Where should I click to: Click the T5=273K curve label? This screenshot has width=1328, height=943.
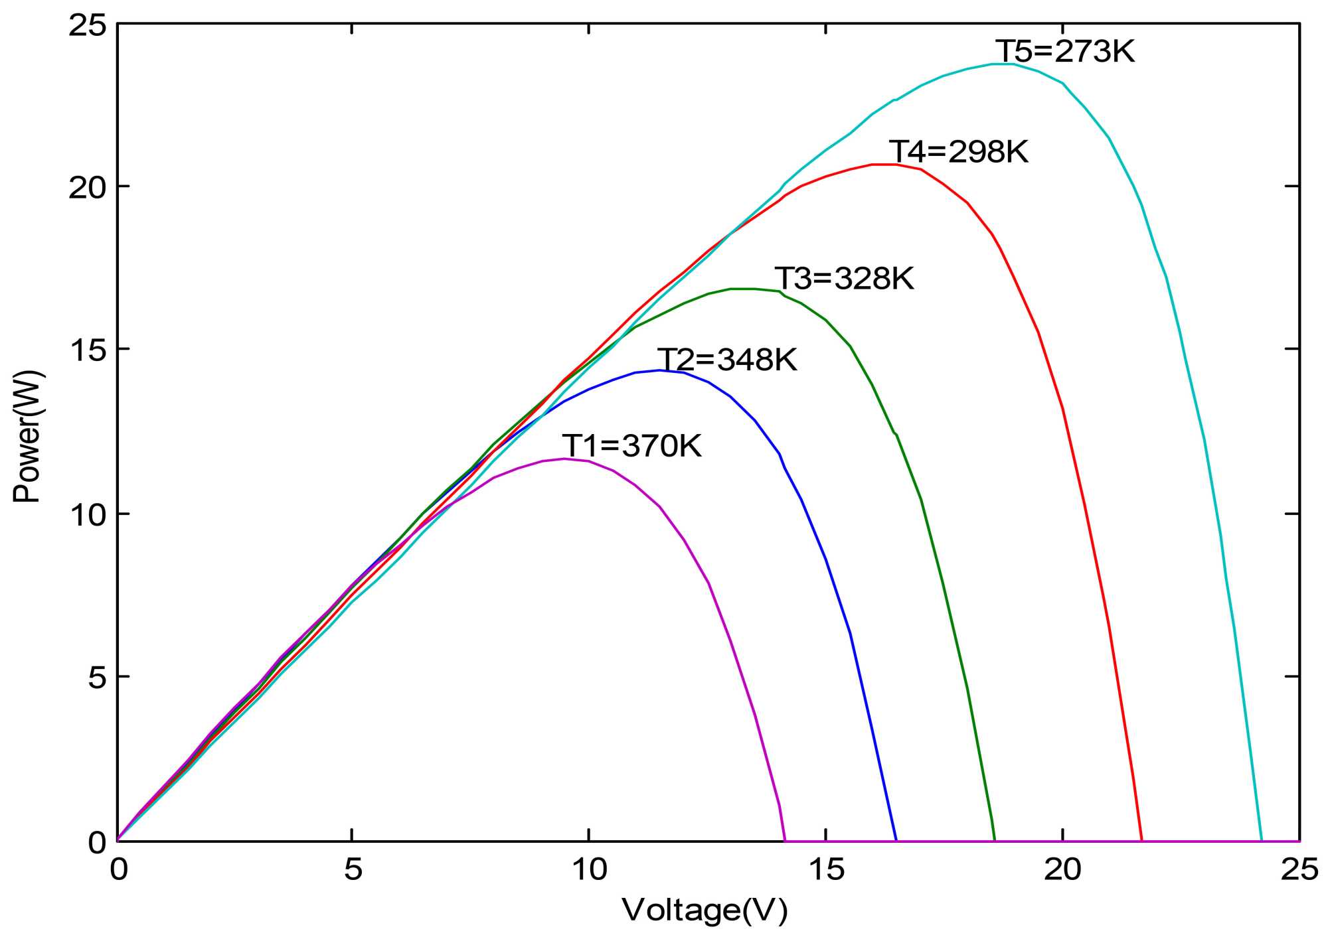coord(1065,52)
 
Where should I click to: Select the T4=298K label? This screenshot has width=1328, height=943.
coord(958,152)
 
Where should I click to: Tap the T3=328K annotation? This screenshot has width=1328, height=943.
coord(844,279)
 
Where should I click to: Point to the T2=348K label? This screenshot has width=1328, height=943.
coord(727,360)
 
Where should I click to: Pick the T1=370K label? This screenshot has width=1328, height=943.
coord(631,446)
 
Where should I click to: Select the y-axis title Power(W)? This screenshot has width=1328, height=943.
coord(28,437)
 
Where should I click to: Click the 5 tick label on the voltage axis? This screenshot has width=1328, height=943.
coord(353,869)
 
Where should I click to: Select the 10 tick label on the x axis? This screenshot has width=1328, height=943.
coord(589,869)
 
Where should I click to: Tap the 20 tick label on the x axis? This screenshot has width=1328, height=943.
coord(1062,869)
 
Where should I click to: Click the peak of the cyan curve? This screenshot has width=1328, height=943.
coord(1003,64)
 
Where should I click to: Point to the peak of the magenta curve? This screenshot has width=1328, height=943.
coord(565,459)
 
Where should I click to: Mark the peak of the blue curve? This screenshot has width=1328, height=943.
coord(659,370)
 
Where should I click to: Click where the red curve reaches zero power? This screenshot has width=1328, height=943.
coord(1141,840)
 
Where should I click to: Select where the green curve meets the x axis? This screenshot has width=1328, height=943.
coord(995,840)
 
